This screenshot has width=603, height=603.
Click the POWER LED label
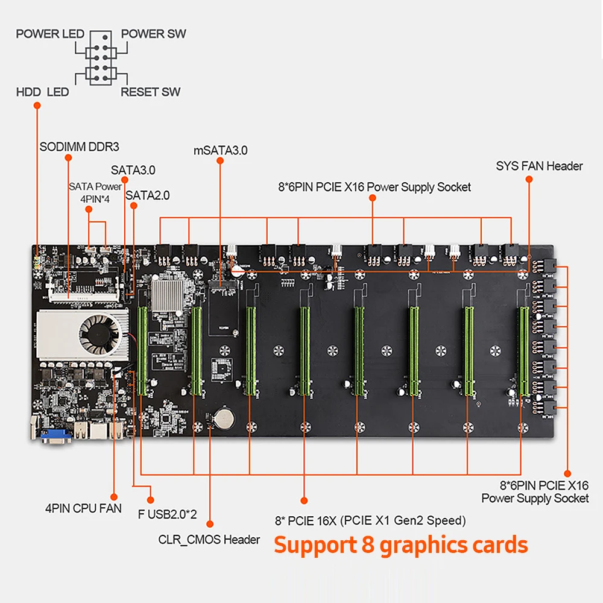(x=50, y=34)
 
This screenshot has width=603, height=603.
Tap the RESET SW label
(x=150, y=92)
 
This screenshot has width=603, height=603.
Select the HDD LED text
(x=42, y=92)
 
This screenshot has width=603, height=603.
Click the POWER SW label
(x=153, y=34)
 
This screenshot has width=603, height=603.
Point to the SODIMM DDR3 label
(x=79, y=147)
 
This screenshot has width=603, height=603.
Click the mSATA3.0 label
(x=220, y=150)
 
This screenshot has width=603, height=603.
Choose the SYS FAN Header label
(x=539, y=166)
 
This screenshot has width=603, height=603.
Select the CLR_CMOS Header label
(x=209, y=539)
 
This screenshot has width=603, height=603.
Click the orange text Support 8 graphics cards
(x=401, y=545)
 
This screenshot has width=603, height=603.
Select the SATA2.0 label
(x=147, y=195)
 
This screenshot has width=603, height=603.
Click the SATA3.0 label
(x=133, y=171)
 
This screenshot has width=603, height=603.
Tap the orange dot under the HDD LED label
(x=37, y=106)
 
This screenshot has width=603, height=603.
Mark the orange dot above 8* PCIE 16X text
(x=304, y=500)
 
